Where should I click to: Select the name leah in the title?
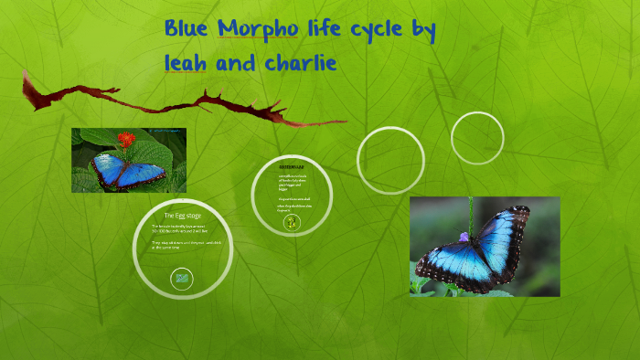point(187,63)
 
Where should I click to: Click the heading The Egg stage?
point(182,215)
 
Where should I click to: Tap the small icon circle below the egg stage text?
point(182,278)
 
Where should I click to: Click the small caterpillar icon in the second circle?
point(292,222)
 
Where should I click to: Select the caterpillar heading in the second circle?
point(292,168)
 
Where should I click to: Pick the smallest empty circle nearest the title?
point(478,138)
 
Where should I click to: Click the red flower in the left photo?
point(127,139)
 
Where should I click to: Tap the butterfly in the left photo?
point(127,169)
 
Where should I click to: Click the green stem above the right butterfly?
point(470,212)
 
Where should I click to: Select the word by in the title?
point(421,31)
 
